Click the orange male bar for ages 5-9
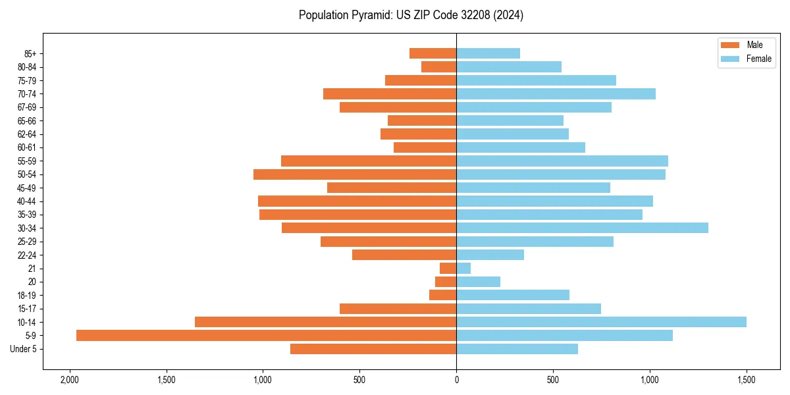[266, 335]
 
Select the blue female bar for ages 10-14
[601, 322]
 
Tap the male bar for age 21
[448, 268]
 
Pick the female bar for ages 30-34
[582, 228]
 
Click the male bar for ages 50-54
[355, 174]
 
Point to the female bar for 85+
[488, 53]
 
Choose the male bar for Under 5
[373, 349]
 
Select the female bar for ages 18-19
[513, 295]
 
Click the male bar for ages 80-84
[439, 66]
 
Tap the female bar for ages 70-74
[556, 93]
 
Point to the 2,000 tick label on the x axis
[69, 381]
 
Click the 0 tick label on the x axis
[456, 381]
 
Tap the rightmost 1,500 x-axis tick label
[747, 381]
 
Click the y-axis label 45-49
[26, 188]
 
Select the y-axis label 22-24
[26, 255]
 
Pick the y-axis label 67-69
[26, 107]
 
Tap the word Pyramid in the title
[371, 15]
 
